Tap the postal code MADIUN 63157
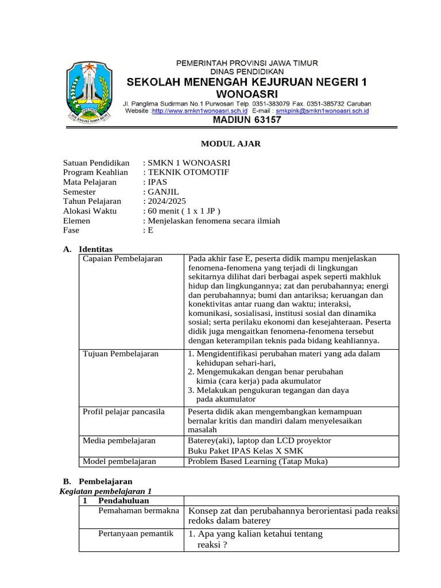coord(247,120)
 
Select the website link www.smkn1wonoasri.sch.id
coord(199,110)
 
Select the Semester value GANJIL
coord(163,192)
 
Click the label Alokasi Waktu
coord(90,211)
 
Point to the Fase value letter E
coord(151,230)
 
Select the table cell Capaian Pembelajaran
coord(122,259)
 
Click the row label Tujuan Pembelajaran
coord(121,354)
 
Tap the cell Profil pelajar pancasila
coord(123,412)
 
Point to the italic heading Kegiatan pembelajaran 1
coord(106,491)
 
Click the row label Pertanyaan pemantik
coord(136,533)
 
